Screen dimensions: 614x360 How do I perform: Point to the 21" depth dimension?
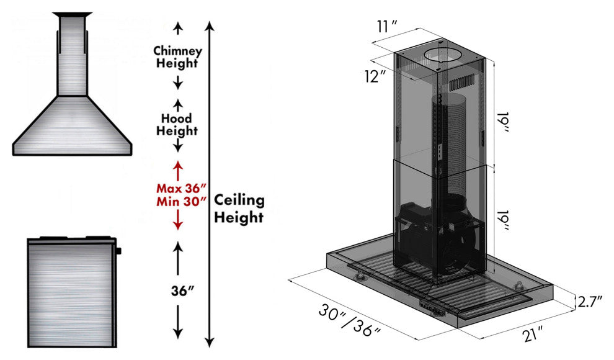point(533,335)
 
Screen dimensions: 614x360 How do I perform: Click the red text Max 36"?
point(181,189)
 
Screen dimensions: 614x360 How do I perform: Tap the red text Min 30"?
point(181,202)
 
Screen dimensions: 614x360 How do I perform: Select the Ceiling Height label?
point(239,209)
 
